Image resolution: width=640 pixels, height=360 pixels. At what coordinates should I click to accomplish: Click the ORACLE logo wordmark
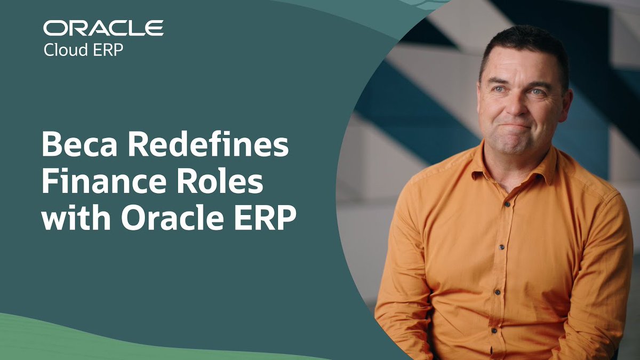103,28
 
